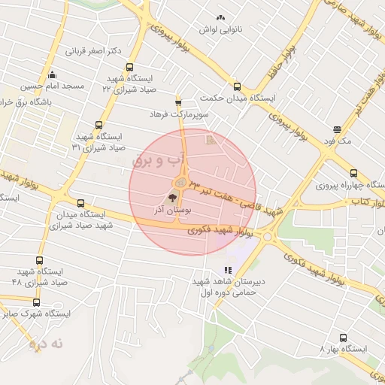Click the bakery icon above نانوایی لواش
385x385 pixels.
[x=220, y=18]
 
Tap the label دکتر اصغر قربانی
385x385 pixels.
[x=94, y=52]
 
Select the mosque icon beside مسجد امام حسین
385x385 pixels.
[x=53, y=75]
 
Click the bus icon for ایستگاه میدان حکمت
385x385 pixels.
[x=238, y=86]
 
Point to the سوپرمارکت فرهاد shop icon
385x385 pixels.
[x=178, y=102]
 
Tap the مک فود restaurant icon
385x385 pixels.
[x=336, y=129]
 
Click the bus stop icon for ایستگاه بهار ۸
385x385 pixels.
[x=344, y=338]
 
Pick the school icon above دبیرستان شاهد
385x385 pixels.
[x=226, y=271]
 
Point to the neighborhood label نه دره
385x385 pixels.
[x=47, y=344]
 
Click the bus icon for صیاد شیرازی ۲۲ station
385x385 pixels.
[x=131, y=67]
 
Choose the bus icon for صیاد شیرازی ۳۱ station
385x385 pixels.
[x=99, y=125]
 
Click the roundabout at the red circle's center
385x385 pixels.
[x=181, y=183]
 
